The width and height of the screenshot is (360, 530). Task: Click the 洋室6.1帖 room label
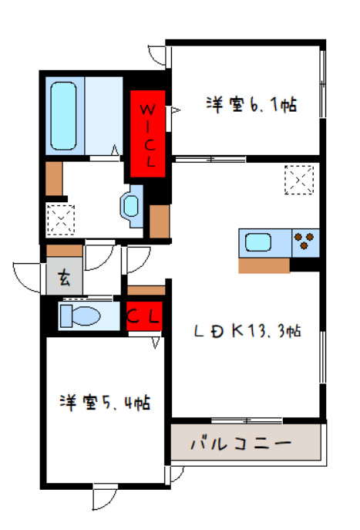[251, 104]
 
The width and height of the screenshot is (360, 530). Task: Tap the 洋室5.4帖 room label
[105, 402]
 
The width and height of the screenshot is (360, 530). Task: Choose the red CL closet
[144, 316]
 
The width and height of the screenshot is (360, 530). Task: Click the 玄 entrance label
[65, 279]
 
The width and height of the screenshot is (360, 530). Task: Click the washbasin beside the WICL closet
[131, 207]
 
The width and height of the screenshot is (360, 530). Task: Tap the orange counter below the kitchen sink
[264, 265]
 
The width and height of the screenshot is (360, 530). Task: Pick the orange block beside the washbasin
[159, 221]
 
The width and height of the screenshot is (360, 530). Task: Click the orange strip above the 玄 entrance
[64, 251]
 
